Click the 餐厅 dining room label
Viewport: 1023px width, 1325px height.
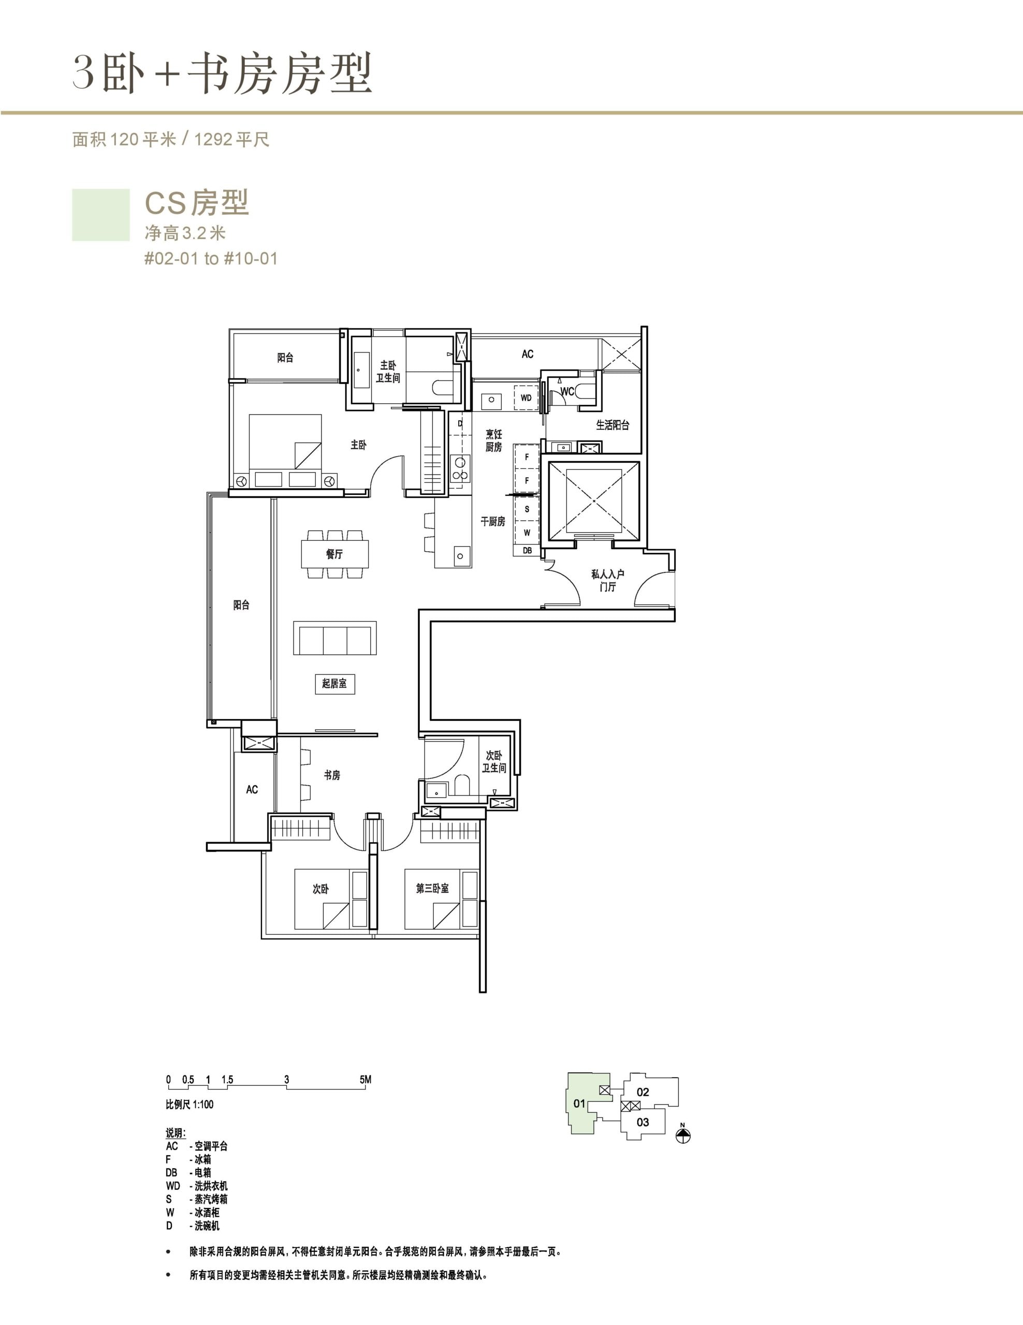[x=334, y=554]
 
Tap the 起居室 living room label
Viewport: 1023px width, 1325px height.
[x=334, y=684]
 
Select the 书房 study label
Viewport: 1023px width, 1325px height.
[x=332, y=775]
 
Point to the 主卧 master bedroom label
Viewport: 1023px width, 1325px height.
[x=359, y=445]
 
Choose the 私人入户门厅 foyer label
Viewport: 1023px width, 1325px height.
[x=608, y=581]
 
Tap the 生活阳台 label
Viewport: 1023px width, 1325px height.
[x=613, y=425]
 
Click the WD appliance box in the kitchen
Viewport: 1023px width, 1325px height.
[x=526, y=398]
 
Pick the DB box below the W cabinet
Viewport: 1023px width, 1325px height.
[x=527, y=551]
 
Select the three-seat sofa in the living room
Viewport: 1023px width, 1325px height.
[x=335, y=638]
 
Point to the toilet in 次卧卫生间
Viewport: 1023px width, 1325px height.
[x=462, y=785]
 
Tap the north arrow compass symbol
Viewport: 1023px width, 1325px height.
[x=683, y=1135]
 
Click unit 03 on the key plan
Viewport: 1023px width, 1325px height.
[x=642, y=1122]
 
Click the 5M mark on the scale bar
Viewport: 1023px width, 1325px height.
[x=366, y=1080]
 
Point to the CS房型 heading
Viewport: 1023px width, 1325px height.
[x=197, y=203]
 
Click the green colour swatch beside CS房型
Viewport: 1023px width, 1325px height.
[x=101, y=215]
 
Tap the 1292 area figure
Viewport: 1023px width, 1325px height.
[x=214, y=140]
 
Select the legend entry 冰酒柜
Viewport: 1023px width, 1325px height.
[x=207, y=1213]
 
